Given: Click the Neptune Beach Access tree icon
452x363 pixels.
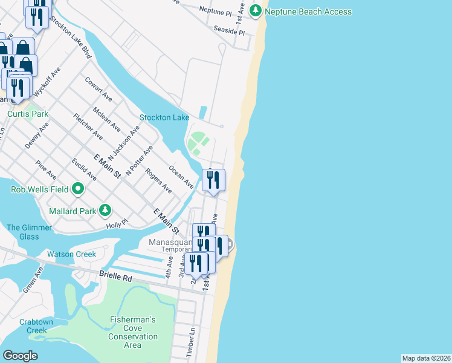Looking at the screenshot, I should pos(256,11).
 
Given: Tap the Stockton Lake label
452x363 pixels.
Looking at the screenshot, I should pos(164,117).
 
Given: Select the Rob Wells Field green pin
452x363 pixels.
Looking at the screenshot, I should pos(77,189).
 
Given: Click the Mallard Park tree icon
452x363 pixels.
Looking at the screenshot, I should pos(106,211).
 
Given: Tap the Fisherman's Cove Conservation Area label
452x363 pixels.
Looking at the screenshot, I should pos(133,332).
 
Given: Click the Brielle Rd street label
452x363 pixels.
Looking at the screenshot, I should pos(115,277).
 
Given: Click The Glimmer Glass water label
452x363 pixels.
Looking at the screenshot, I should pos(23,232).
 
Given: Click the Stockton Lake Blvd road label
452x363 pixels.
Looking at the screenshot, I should pos(70,37).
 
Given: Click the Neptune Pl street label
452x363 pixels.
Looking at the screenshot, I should pos(215,11).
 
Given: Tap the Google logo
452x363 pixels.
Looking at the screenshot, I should pos(20,356).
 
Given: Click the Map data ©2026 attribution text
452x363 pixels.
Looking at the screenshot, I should pos(426,358).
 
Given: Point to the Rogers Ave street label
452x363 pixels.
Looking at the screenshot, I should pos(158,180).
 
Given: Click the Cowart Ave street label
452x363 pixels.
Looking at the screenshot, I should pos(98,88).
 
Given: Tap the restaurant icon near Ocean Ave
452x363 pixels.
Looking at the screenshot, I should pos(215,180).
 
